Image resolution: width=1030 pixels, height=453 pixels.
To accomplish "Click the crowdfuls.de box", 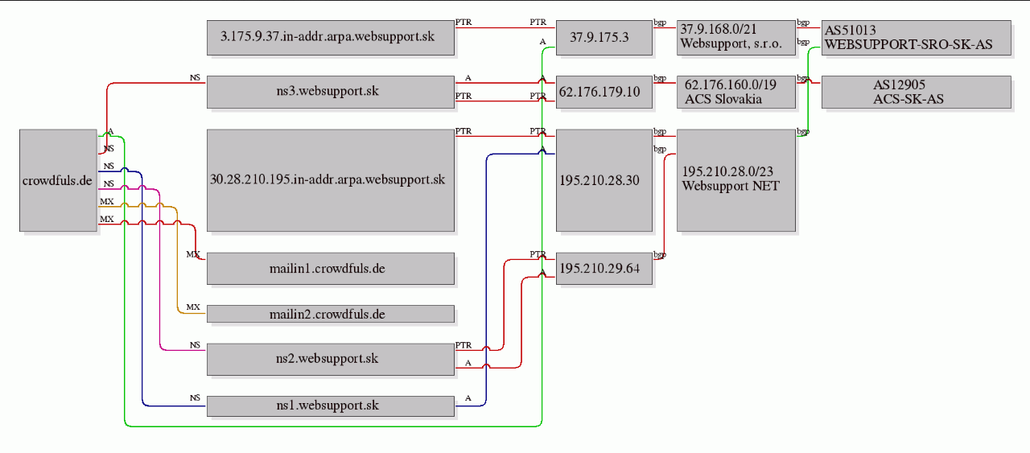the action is tap(58, 180).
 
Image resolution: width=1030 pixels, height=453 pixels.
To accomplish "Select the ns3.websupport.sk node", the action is tap(331, 92).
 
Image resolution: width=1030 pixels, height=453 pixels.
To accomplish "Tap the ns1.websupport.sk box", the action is tap(331, 406).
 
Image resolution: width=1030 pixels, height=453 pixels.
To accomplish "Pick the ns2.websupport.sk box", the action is tap(331, 359).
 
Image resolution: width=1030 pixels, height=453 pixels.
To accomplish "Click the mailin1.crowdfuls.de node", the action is tap(331, 269).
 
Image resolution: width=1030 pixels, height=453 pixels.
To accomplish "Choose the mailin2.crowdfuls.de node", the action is tap(331, 314).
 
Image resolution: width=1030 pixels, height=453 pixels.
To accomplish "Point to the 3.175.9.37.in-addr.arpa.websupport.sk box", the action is tap(331, 38).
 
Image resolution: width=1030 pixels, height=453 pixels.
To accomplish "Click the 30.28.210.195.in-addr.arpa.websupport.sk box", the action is tap(331, 180).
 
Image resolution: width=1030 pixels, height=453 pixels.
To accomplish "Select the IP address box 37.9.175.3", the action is tap(604, 38).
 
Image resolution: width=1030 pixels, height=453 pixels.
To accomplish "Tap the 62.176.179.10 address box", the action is tap(604, 92).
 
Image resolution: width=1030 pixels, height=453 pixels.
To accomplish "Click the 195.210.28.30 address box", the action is tap(604, 180).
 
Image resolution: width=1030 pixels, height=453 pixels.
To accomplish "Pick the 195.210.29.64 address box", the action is tap(604, 269).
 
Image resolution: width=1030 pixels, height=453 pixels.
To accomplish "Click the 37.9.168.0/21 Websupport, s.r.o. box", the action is tap(736, 38).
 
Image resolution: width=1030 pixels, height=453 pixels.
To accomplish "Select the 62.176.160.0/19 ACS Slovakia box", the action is tap(736, 92).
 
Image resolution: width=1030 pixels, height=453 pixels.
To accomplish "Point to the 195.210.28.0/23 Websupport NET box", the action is tap(736, 180).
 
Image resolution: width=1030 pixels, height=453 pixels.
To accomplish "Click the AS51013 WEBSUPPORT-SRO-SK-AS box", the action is tap(917, 38).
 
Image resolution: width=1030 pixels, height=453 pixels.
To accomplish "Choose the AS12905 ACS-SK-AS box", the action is tap(917, 92).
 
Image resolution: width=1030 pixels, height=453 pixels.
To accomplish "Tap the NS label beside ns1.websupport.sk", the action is tap(195, 397).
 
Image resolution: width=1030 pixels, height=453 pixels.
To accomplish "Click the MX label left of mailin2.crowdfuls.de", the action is tap(193, 307).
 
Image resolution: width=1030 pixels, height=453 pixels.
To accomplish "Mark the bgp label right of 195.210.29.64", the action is tap(660, 254).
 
